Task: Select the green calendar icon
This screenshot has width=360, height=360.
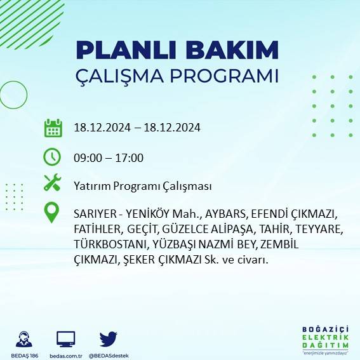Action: click(x=53, y=128)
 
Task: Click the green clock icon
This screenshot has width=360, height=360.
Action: click(x=52, y=156)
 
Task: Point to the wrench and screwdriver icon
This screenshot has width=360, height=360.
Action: click(x=52, y=184)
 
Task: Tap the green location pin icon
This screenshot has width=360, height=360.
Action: click(x=52, y=213)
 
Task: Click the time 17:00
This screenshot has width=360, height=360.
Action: click(x=131, y=158)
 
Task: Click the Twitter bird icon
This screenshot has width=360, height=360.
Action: click(x=109, y=338)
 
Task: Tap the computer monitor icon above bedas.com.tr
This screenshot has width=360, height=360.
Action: click(x=66, y=338)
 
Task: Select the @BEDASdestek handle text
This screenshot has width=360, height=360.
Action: click(x=109, y=355)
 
